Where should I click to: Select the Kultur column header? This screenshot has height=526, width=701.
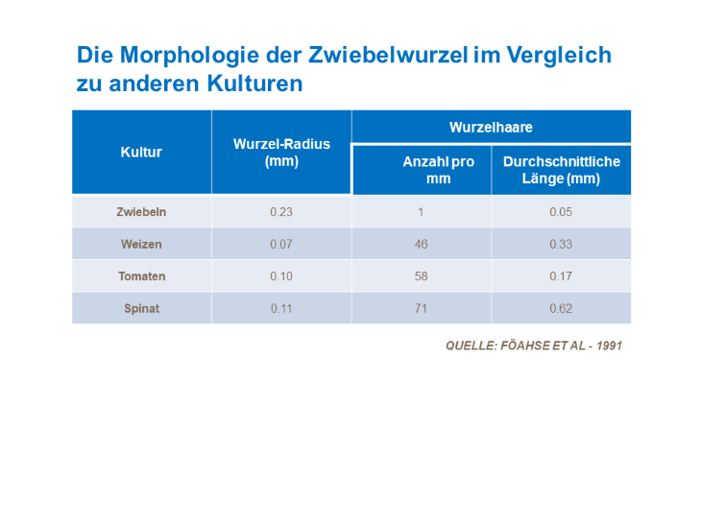click(x=141, y=153)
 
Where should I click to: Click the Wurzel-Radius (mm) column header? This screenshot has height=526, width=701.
click(x=281, y=153)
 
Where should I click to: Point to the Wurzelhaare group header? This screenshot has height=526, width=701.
click(x=491, y=127)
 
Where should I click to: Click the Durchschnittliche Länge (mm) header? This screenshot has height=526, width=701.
click(x=561, y=170)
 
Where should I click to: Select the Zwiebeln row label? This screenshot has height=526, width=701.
click(x=141, y=212)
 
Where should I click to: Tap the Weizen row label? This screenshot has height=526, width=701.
click(x=141, y=245)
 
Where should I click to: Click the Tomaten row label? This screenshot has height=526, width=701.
click(x=141, y=276)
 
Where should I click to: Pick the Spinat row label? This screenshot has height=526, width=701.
click(x=141, y=309)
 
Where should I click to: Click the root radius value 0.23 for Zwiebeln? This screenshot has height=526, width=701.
click(x=281, y=212)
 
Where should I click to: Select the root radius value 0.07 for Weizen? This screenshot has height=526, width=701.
click(x=281, y=245)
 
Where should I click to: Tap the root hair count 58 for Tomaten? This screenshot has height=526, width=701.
click(x=421, y=276)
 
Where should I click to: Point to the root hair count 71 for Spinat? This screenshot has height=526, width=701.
click(x=421, y=309)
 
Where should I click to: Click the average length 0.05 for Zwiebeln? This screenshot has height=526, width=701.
click(x=561, y=212)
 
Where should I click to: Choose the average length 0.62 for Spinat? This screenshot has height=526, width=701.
click(x=561, y=309)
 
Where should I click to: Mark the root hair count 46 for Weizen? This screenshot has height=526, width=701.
click(x=421, y=245)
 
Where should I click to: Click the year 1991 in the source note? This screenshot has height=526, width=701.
click(x=609, y=346)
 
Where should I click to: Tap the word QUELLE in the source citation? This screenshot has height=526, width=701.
click(x=470, y=346)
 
